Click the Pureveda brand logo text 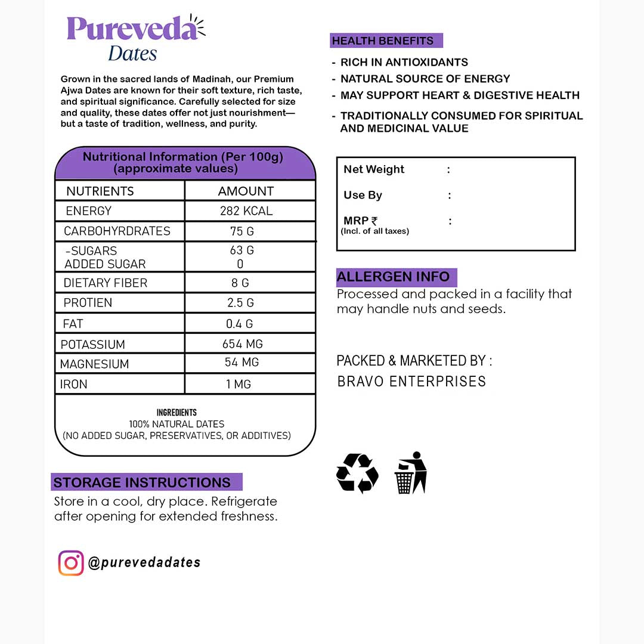[x=132, y=29]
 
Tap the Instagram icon [x=71, y=563]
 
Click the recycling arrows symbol [x=357, y=473]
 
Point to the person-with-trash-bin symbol [x=411, y=473]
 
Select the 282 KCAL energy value [x=246, y=211]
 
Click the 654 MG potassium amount [x=243, y=344]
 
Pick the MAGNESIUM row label [x=94, y=364]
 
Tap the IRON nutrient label [x=74, y=385]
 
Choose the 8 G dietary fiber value [x=241, y=283]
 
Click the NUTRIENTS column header [x=100, y=191]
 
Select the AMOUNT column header [x=246, y=191]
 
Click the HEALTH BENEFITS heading [x=383, y=41]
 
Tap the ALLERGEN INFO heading [x=394, y=277]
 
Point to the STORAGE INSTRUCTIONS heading [x=142, y=482]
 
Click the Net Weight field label [x=374, y=169]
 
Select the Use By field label [x=363, y=195]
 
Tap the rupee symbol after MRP [x=374, y=221]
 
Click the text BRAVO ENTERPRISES [x=411, y=382]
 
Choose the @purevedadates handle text [x=144, y=562]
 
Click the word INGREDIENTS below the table [x=177, y=413]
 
